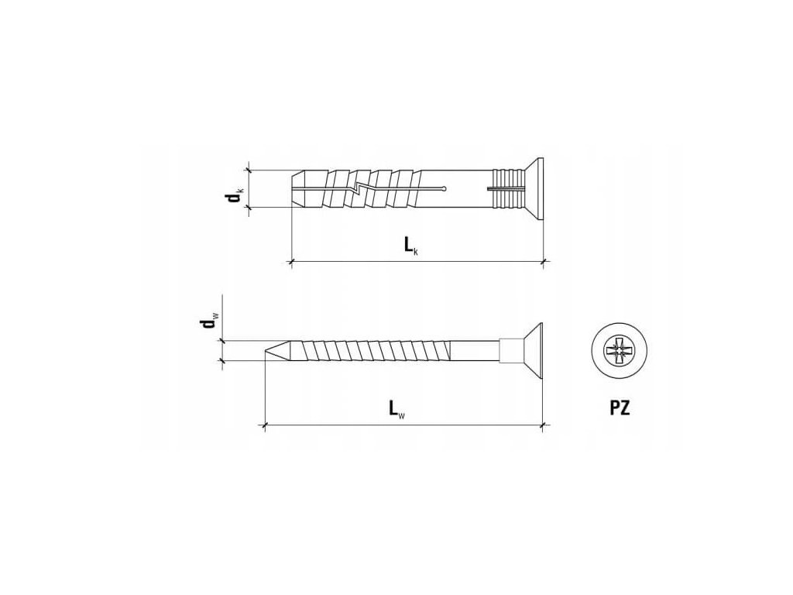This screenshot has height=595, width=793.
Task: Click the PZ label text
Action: pyautogui.click(x=620, y=408)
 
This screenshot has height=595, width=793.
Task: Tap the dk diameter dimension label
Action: pyautogui.click(x=235, y=194)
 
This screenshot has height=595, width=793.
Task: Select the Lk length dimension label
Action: pyautogui.click(x=410, y=246)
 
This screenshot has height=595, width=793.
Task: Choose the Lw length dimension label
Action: pyautogui.click(x=397, y=409)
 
